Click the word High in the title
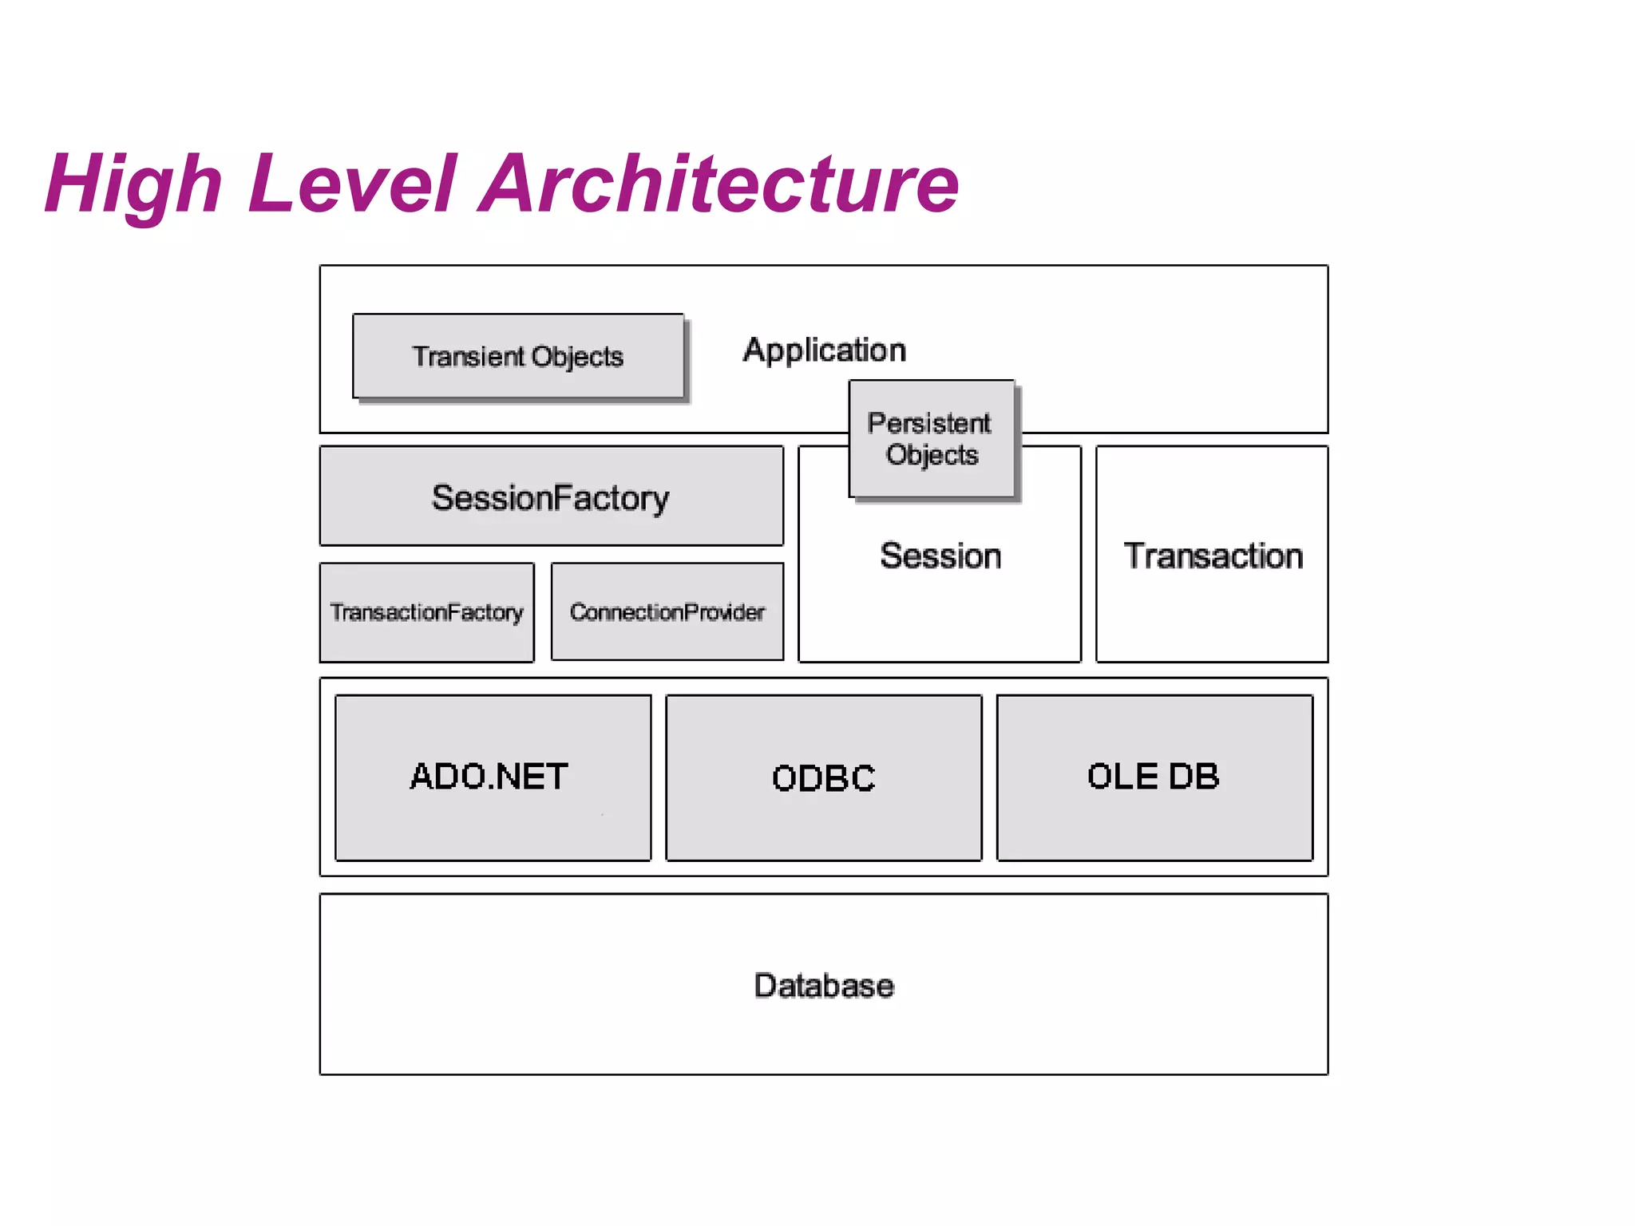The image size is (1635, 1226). tap(133, 185)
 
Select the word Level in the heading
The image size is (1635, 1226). tap(352, 185)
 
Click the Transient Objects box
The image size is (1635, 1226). tap(518, 356)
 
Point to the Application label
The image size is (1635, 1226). tap(824, 350)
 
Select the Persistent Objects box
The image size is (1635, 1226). tap(932, 439)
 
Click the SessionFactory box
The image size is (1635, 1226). tap(551, 496)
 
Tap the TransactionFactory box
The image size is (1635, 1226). tap(426, 612)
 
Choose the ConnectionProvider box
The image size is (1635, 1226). tap(667, 612)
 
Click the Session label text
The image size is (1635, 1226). tap(940, 556)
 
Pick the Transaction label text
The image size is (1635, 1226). tap(1213, 556)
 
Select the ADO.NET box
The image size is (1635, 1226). tap(493, 777)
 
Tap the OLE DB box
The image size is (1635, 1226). tap(1154, 777)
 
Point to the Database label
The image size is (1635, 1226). tap(824, 986)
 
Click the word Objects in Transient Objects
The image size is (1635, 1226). tap(577, 357)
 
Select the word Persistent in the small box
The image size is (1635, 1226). tap(929, 423)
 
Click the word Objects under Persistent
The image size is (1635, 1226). tap(932, 455)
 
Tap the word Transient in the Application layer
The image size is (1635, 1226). tap(468, 356)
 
